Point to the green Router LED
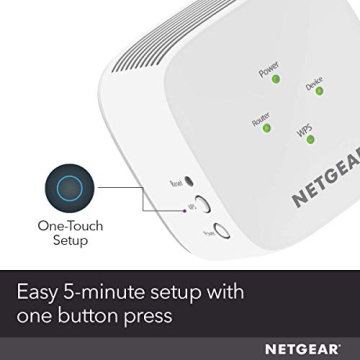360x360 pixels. pos(267,124)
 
